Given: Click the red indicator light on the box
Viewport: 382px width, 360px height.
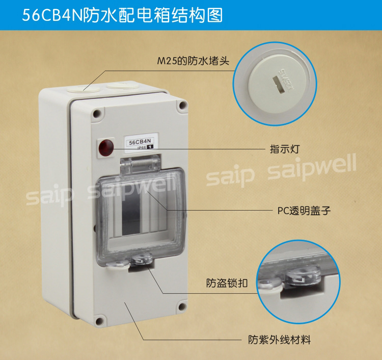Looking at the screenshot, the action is pos(106,147).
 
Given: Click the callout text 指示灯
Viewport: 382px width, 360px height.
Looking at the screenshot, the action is pos(284,149).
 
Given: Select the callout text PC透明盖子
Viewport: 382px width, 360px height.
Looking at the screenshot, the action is pos(304,211).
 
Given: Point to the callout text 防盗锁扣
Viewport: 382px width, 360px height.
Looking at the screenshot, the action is pos(227,283).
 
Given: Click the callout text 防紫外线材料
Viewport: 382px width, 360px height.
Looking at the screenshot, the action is pos(279,340).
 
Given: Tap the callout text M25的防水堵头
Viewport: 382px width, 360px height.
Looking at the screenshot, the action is pos(193,61).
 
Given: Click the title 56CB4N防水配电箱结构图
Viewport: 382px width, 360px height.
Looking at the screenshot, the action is pos(122,15).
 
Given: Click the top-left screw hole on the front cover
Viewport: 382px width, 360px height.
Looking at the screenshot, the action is pos(97,113).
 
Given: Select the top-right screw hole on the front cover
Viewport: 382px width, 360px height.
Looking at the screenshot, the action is pos(182,105).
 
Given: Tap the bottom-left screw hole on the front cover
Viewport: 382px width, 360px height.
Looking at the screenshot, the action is pos(99,321).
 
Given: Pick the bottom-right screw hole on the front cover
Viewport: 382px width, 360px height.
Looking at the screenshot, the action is pos(182,306).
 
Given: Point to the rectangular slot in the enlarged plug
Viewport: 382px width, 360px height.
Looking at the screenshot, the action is pos(279,84).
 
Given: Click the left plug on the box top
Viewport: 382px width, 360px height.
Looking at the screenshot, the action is pos(83,89).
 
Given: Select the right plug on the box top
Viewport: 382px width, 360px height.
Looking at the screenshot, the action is pos(122,85).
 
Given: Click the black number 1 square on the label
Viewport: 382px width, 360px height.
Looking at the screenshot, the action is pos(150,147).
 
